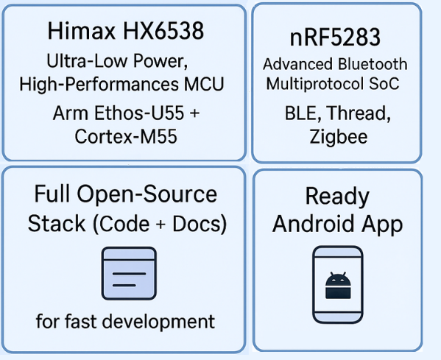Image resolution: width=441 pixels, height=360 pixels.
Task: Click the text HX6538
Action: click(x=163, y=30)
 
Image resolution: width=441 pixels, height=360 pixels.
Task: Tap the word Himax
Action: click(x=82, y=30)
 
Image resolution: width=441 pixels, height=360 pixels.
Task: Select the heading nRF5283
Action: click(x=335, y=37)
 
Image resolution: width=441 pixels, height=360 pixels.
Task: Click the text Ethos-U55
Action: click(x=139, y=113)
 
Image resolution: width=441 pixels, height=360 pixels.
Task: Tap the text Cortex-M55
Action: click(x=126, y=136)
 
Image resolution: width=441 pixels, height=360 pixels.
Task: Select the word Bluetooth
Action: click(x=373, y=64)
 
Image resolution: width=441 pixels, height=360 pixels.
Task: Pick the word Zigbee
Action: click(x=339, y=138)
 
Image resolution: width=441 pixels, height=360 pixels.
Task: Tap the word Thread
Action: click(x=359, y=113)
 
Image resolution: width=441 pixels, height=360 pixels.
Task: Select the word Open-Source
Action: click(x=147, y=194)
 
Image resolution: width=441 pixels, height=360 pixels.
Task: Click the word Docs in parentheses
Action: click(x=197, y=224)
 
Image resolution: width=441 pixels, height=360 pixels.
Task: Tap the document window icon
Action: click(x=129, y=273)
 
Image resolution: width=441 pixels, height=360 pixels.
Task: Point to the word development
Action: click(x=158, y=322)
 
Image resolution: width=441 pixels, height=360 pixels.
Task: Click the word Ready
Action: click(x=337, y=197)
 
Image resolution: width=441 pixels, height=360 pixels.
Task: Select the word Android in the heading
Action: click(x=314, y=224)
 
